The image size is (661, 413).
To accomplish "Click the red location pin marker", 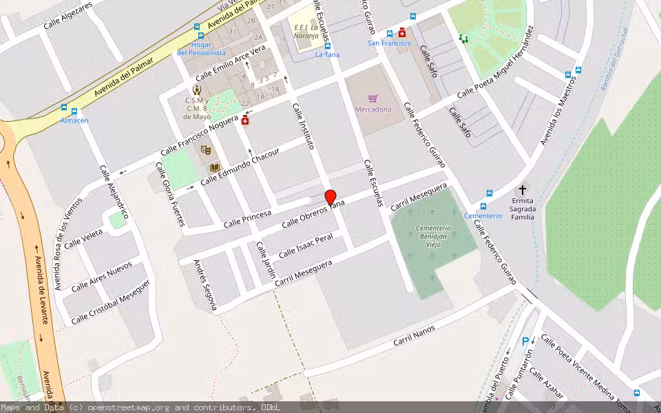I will [x=330, y=198].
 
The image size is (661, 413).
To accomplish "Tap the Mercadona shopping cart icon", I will [x=373, y=98].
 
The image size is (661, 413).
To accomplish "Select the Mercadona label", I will [x=373, y=109].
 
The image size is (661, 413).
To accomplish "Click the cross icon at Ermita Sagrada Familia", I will [x=522, y=189].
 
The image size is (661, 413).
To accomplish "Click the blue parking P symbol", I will [x=526, y=341].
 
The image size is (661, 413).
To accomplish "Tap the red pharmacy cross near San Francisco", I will [x=402, y=32].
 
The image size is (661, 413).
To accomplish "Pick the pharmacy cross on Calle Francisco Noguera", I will [x=244, y=120].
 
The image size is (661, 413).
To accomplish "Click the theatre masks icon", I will [x=204, y=149].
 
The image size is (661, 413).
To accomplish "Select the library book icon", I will [x=214, y=167].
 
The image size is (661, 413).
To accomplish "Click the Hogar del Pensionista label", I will [x=201, y=48].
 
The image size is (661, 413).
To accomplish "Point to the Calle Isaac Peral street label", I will [x=306, y=246].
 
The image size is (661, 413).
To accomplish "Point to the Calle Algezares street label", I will [x=67, y=16].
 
